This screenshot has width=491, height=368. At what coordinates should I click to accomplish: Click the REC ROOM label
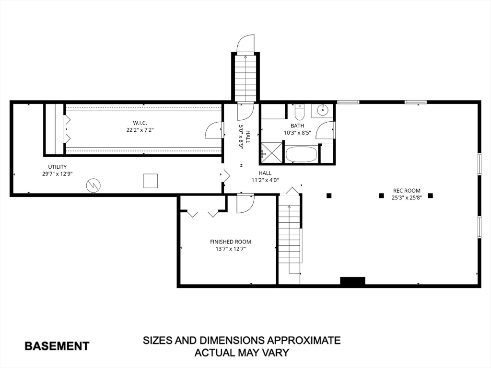pyautogui.click(x=407, y=191)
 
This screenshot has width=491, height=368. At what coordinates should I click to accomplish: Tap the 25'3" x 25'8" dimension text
pyautogui.click(x=407, y=198)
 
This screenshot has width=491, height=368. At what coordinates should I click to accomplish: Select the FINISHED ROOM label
pyautogui.click(x=231, y=242)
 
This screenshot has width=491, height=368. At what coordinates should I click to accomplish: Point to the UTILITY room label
pyautogui.click(x=58, y=167)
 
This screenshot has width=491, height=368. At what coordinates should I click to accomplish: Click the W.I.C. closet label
pyautogui.click(x=140, y=123)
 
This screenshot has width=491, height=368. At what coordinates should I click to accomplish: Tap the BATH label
pyautogui.click(x=297, y=126)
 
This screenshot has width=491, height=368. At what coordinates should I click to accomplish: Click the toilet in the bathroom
pyautogui.click(x=300, y=112)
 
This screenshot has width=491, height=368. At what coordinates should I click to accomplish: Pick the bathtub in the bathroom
pyautogui.click(x=301, y=155)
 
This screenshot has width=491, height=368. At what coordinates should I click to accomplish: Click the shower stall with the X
pyautogui.click(x=272, y=153)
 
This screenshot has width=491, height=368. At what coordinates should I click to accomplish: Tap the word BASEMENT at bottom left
pyautogui.click(x=57, y=346)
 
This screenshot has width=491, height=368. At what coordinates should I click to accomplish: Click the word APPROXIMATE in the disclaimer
pyautogui.click(x=300, y=340)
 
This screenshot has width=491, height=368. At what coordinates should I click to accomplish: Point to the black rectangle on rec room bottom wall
pyautogui.click(x=352, y=281)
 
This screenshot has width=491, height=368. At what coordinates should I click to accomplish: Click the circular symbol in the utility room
pyautogui.click(x=94, y=185)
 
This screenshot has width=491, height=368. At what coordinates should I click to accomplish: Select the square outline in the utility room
pyautogui.click(x=151, y=181)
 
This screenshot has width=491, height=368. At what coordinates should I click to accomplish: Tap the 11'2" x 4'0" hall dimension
pyautogui.click(x=265, y=180)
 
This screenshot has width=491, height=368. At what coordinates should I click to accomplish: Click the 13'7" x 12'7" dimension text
pyautogui.click(x=231, y=249)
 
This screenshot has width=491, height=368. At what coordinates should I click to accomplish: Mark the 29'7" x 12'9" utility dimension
pyautogui.click(x=58, y=174)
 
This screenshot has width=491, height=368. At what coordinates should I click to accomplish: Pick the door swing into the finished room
pyautogui.click(x=245, y=204)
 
